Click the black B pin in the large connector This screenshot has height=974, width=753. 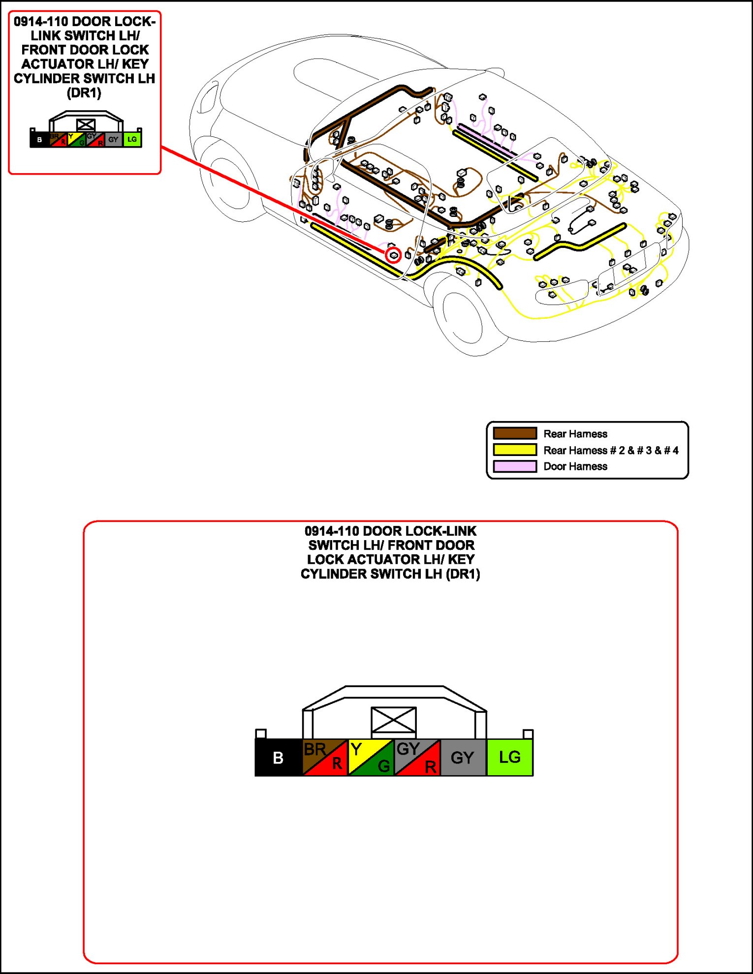pyautogui.click(x=278, y=758)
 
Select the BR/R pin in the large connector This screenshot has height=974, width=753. pyautogui.click(x=325, y=758)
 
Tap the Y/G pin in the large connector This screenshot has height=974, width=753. pyautogui.click(x=371, y=758)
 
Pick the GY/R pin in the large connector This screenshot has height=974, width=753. pyautogui.click(x=417, y=758)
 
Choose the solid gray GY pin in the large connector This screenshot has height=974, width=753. pyautogui.click(x=463, y=758)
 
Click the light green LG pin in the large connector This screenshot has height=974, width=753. pyautogui.click(x=510, y=758)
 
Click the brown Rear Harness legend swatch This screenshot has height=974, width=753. pyautogui.click(x=515, y=433)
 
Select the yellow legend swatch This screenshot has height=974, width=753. pyautogui.click(x=515, y=450)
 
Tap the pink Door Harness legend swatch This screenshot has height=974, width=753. pyautogui.click(x=515, y=466)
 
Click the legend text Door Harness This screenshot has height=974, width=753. pyautogui.click(x=575, y=466)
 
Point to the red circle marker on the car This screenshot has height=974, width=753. pyautogui.click(x=393, y=255)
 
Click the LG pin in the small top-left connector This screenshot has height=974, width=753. pyautogui.click(x=132, y=140)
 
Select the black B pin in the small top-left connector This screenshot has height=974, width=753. pyautogui.click(x=39, y=140)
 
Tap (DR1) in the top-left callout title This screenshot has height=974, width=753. pyautogui.click(x=84, y=93)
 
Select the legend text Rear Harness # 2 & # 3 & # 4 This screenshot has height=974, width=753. pyautogui.click(x=611, y=450)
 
